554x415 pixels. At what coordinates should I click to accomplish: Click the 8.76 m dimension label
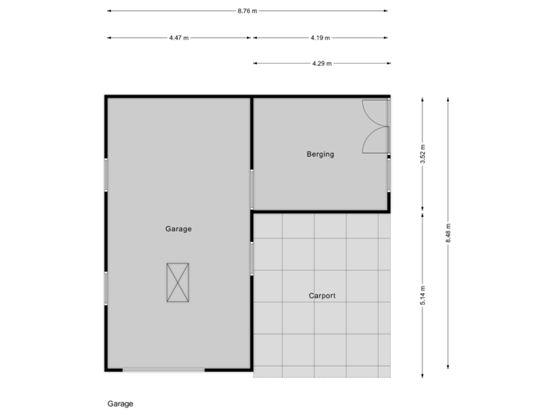248,11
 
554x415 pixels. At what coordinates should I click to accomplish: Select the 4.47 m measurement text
179,38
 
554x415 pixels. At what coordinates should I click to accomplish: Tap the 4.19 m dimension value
321,38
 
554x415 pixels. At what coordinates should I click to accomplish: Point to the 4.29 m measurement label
321,64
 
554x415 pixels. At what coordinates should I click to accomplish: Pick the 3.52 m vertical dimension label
422,154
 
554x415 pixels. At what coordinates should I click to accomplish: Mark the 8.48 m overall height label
449,232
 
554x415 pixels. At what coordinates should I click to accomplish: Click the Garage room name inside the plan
178,229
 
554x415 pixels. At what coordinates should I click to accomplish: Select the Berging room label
320,154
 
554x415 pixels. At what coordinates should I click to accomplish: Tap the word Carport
322,295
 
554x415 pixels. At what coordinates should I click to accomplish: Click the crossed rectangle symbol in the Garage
178,283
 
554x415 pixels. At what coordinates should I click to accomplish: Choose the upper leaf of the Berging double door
375,112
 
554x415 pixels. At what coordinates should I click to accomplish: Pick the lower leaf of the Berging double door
375,141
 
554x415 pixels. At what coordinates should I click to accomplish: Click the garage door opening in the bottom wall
163,370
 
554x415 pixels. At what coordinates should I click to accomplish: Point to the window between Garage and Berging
252,189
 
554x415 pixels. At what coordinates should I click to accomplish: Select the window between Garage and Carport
252,258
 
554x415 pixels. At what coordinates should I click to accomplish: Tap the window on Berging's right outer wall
389,175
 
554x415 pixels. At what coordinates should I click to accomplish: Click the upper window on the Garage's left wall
105,174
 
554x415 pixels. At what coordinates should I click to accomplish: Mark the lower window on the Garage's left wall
105,288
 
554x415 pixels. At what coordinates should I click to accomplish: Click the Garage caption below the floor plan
120,403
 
